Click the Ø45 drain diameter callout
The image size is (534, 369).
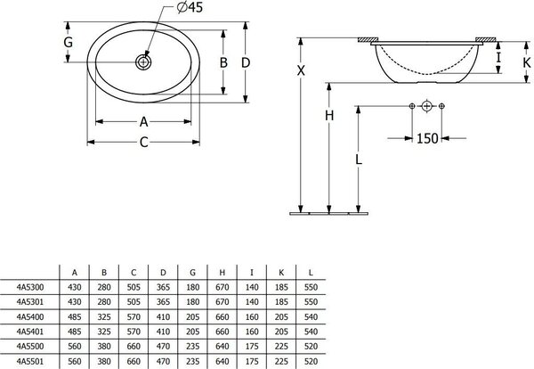(x=190, y=7)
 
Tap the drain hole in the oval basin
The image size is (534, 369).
(x=143, y=62)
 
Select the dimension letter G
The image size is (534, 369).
(x=69, y=42)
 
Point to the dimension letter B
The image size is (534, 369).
(x=223, y=62)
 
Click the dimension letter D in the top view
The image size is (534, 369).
(x=246, y=62)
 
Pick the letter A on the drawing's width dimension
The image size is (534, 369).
(x=143, y=122)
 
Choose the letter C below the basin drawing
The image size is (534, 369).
(x=143, y=143)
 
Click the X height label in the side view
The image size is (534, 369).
(x=301, y=71)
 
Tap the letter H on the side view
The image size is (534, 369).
(x=329, y=116)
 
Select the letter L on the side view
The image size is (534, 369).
(x=359, y=160)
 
